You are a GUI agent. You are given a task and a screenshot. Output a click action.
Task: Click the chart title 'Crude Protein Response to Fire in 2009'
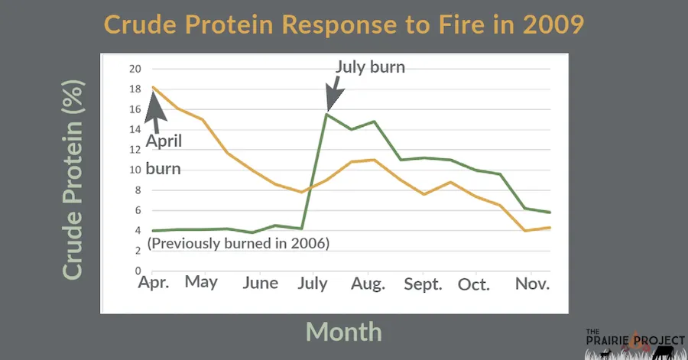point(344,24)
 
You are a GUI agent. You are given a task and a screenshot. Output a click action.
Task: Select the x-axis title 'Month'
point(343,330)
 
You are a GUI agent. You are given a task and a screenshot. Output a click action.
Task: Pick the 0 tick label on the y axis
point(138,271)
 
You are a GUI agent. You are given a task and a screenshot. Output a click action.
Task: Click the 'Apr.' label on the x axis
point(153,284)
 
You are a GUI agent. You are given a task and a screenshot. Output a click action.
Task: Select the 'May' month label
point(201,282)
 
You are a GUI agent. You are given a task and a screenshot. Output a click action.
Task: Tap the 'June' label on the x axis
point(259,283)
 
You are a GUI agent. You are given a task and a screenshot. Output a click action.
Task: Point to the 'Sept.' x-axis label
point(423,284)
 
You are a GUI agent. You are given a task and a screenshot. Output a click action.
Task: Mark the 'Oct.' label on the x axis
point(474,284)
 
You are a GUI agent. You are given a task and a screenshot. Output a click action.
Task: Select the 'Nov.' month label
point(532,284)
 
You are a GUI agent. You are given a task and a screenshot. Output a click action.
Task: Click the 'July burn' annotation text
point(370,67)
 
